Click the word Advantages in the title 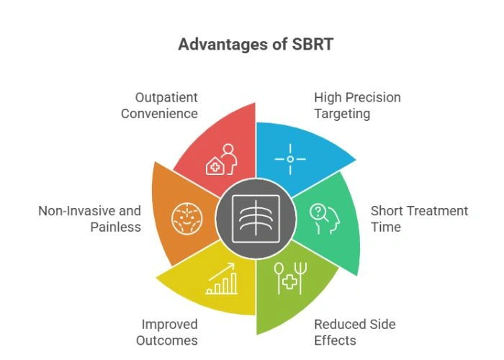pyautogui.click(x=218, y=45)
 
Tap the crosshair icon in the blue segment pyautogui.click(x=290, y=158)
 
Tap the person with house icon pyautogui.click(x=222, y=160)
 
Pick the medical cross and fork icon pyautogui.click(x=289, y=279)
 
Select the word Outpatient pyautogui.click(x=166, y=97)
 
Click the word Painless pyautogui.click(x=115, y=227)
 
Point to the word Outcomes pyautogui.click(x=169, y=341)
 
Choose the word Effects pyautogui.click(x=335, y=341)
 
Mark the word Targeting pyautogui.click(x=341, y=113)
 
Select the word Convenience pyautogui.click(x=158, y=113)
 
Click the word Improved pyautogui.click(x=169, y=325)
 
